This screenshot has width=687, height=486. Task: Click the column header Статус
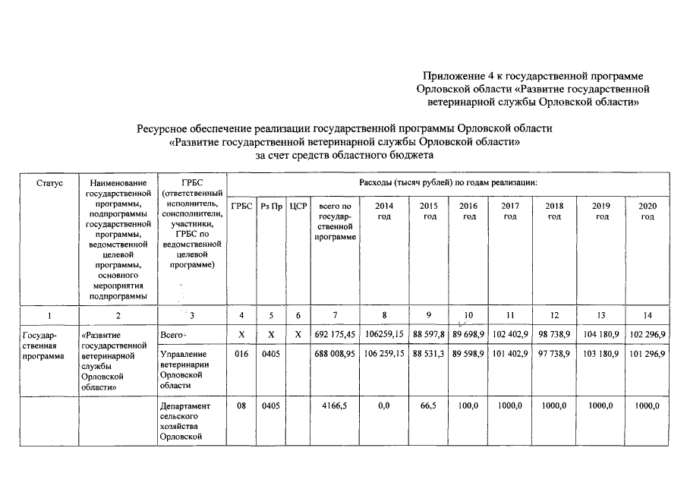pyautogui.click(x=49, y=184)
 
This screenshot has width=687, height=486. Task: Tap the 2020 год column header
pyautogui.click(x=647, y=211)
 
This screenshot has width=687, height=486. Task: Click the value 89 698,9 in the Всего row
pyautogui.click(x=469, y=336)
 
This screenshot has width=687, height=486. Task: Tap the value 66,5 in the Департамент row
pyautogui.click(x=430, y=406)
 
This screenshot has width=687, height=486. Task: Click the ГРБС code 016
pyautogui.click(x=241, y=354)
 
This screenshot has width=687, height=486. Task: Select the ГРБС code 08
pyautogui.click(x=241, y=406)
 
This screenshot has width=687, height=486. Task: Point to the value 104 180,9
pyautogui.click(x=602, y=336)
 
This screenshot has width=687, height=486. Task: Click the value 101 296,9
pyautogui.click(x=647, y=354)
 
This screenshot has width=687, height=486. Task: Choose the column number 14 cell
pyautogui.click(x=647, y=314)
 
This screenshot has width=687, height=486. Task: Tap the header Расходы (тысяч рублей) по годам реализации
pyautogui.click(x=448, y=184)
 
